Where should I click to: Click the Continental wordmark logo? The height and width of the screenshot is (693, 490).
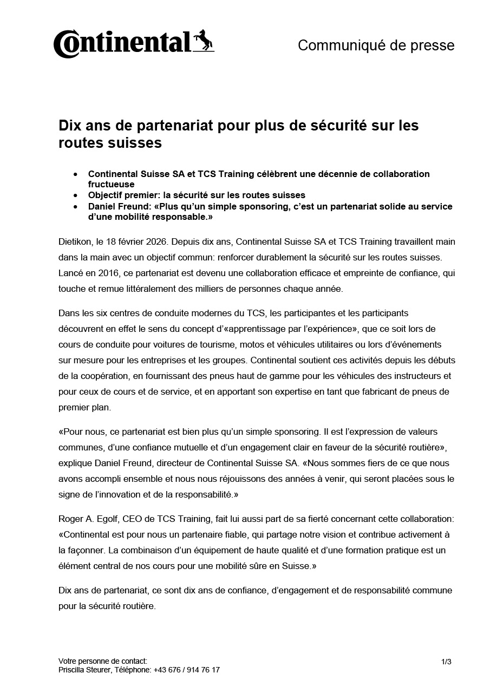click(122, 43)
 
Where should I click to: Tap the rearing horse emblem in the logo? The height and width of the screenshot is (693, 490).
click(204, 41)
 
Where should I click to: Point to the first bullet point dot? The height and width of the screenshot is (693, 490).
click(75, 174)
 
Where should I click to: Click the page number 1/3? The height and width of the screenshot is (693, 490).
click(446, 661)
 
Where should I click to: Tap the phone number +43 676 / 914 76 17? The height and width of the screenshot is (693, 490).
click(187, 670)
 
